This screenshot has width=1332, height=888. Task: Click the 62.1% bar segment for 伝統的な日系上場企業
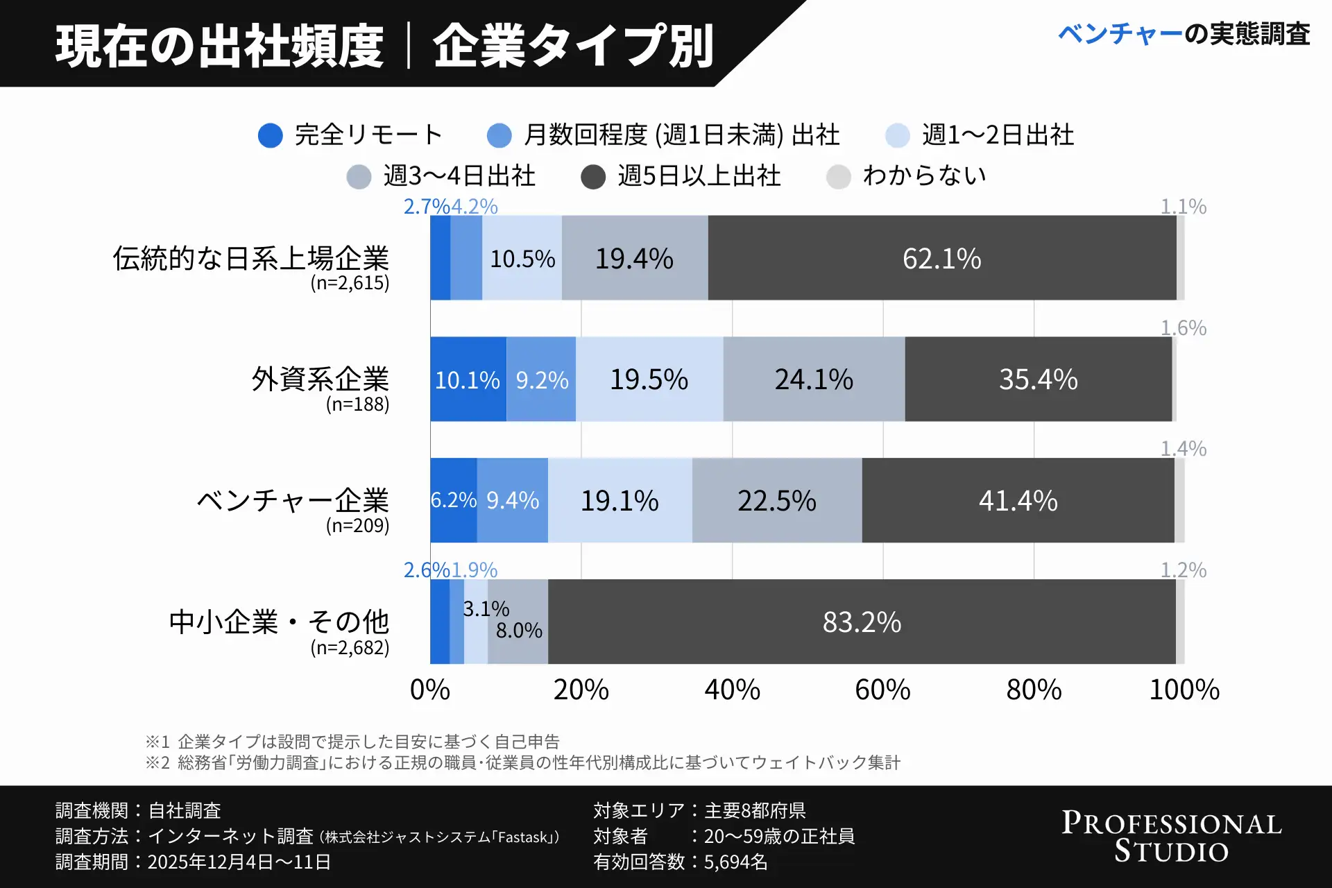[x=941, y=258]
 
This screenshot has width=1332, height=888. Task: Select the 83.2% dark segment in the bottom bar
[x=861, y=622]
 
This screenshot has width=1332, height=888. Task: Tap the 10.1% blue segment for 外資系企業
[x=468, y=379]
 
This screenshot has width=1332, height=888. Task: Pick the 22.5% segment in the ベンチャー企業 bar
[x=776, y=500]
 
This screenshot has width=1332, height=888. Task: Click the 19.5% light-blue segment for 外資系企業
[x=649, y=379]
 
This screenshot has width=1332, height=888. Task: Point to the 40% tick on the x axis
[x=732, y=690]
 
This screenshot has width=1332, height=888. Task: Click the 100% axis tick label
[x=1184, y=690]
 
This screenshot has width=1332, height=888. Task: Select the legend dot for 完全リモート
[x=270, y=135]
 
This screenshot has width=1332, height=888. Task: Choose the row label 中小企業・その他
[x=279, y=622]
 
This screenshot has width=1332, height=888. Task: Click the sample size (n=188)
[x=357, y=404]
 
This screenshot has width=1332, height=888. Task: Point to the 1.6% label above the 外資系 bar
[x=1184, y=327]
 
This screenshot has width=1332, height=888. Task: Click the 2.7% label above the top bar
[x=426, y=207]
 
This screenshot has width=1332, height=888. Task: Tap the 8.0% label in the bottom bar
[x=518, y=631]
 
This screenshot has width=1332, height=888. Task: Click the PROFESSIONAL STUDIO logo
[x=1171, y=837]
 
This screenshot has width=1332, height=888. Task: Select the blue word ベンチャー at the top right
[x=1120, y=34]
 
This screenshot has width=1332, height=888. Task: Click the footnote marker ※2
[x=157, y=763]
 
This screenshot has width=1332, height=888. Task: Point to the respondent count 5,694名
[x=735, y=862]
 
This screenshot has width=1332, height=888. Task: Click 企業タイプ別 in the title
[x=573, y=46]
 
